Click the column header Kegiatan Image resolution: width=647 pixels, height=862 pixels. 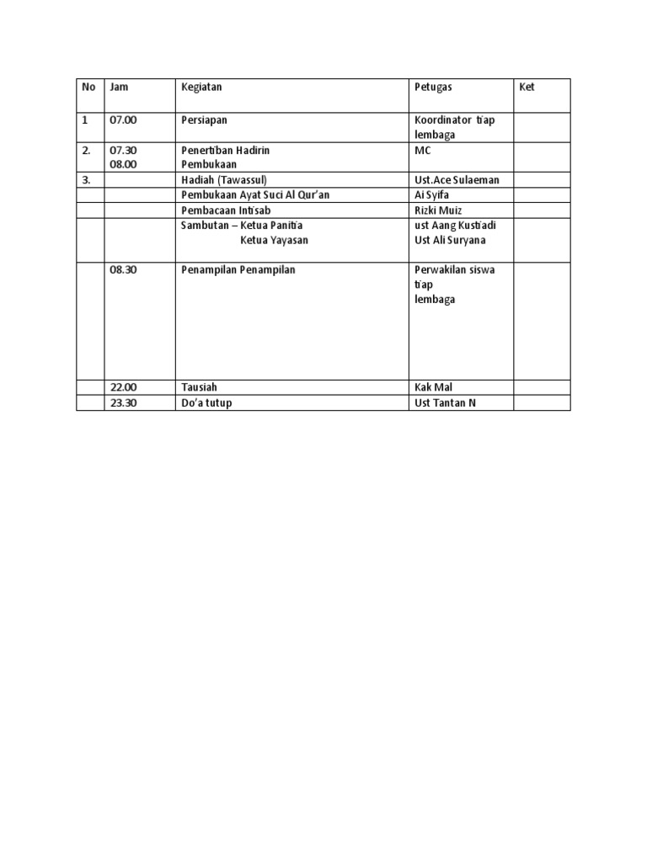[201, 87]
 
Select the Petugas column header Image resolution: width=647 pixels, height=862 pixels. [433, 87]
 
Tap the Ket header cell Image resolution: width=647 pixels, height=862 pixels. [527, 87]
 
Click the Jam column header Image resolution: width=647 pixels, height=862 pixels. [119, 87]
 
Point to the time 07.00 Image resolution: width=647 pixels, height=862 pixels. [123, 120]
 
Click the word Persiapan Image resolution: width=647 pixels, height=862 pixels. [204, 120]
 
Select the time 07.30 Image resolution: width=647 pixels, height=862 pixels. [123, 150]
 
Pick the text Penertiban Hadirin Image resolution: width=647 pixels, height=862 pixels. [225, 150]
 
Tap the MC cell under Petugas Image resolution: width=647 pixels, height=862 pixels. [423, 150]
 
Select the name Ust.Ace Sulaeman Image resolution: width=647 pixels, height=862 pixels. [457, 180]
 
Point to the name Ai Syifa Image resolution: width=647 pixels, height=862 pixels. [431, 195]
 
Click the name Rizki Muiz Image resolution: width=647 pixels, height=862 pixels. [438, 210]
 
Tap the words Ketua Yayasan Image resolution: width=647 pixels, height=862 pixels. [274, 241]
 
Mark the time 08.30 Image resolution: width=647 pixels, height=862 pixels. [123, 270]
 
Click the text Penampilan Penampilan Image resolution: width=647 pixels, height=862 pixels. [238, 270]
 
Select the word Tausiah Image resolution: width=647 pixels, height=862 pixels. [200, 387]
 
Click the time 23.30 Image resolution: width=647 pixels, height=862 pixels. [123, 402]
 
